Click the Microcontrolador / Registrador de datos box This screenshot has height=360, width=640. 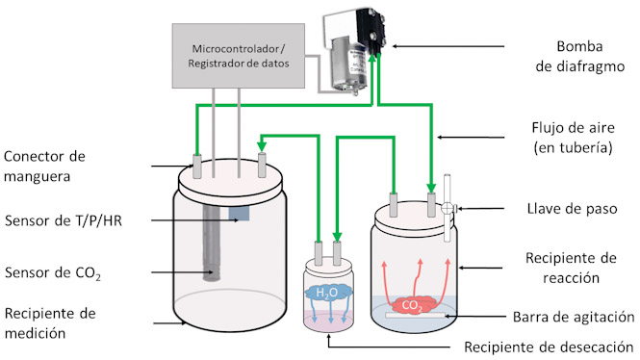[x=239, y=56]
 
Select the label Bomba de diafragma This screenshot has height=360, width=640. [x=579, y=57]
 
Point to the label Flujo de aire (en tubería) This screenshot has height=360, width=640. [x=573, y=138]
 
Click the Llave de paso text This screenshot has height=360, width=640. [x=572, y=209]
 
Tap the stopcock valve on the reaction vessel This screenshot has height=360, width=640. [x=448, y=208]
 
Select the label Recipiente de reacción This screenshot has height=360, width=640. [x=571, y=268]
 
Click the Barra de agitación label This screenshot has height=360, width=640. [x=574, y=317]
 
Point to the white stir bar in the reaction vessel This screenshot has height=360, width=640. [x=415, y=315]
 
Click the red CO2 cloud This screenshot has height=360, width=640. [x=412, y=305]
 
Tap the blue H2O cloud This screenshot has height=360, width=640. [x=328, y=292]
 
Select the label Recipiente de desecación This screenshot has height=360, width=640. [x=549, y=347]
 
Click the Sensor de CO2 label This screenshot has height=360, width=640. [x=53, y=272]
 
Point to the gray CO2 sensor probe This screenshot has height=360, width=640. [x=212, y=243]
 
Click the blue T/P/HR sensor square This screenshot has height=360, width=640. [x=239, y=214]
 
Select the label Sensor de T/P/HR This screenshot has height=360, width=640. [x=64, y=220]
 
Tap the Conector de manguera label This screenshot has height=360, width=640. [x=44, y=167]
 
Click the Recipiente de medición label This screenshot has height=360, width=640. [x=50, y=323]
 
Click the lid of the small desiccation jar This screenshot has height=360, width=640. [x=328, y=267]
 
